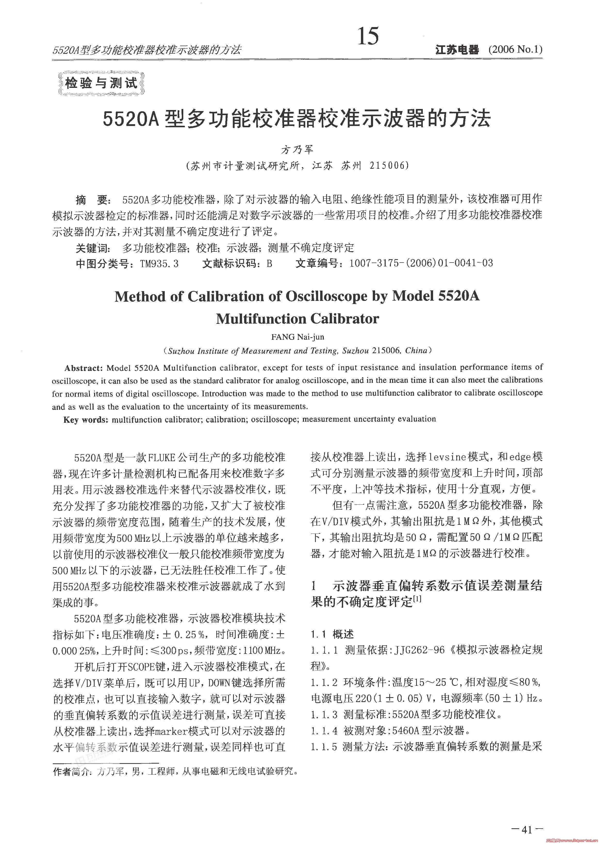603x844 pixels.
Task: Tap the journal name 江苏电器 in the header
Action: (x=457, y=49)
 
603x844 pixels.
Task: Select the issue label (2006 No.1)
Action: (x=515, y=49)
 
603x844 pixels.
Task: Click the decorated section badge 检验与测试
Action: (x=101, y=83)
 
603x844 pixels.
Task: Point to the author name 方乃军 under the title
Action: (x=297, y=149)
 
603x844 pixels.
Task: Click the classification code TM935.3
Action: (x=159, y=263)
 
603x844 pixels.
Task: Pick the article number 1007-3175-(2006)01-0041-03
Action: (x=421, y=263)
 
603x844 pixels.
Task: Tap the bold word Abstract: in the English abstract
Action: (x=83, y=368)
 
